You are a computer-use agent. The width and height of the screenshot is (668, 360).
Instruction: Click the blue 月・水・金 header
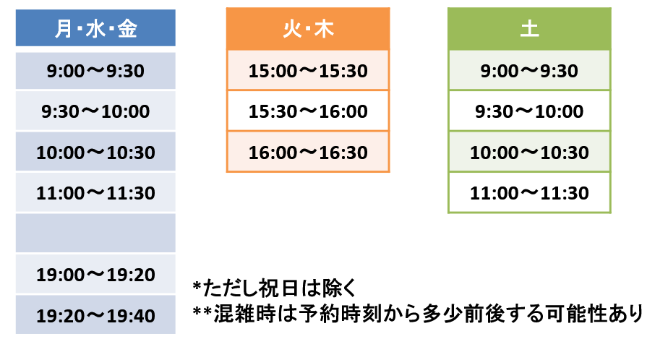point(95,27)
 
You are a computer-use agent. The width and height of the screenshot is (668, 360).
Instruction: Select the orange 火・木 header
point(308,28)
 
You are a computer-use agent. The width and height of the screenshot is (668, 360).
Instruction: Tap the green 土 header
point(529,28)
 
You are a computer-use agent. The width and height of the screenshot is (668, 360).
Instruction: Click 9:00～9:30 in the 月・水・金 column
point(95,71)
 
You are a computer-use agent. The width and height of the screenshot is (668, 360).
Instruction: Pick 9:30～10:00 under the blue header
point(95,111)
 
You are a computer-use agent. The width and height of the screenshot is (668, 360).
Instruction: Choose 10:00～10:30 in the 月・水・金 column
point(95,152)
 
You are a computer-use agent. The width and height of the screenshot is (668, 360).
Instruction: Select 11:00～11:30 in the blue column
point(95,192)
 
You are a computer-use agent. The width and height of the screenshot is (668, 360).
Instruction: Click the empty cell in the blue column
point(95,233)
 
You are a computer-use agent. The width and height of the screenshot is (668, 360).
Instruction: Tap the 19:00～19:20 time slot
point(95,275)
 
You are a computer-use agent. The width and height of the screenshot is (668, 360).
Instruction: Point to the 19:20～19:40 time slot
point(95,315)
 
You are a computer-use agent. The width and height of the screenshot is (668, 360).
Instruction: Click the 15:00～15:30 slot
point(308,70)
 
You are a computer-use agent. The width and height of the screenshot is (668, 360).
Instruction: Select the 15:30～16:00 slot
point(308,111)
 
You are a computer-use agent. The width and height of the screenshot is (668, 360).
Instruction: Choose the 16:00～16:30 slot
point(308,152)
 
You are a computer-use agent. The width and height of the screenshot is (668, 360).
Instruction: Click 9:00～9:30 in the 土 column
point(529,70)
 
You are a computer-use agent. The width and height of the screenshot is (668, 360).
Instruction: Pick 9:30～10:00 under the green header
point(529,111)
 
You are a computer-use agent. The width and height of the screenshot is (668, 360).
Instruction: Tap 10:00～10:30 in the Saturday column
point(529,152)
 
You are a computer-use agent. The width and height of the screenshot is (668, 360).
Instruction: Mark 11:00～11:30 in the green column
point(529,192)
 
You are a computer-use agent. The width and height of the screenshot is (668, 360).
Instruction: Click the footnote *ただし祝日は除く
point(274,288)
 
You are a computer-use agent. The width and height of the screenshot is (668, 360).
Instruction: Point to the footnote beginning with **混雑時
point(418,314)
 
